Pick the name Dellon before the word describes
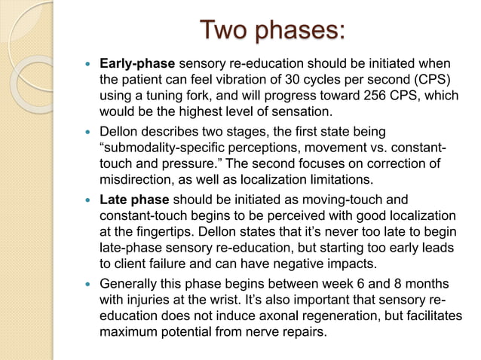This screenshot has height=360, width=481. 121,133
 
